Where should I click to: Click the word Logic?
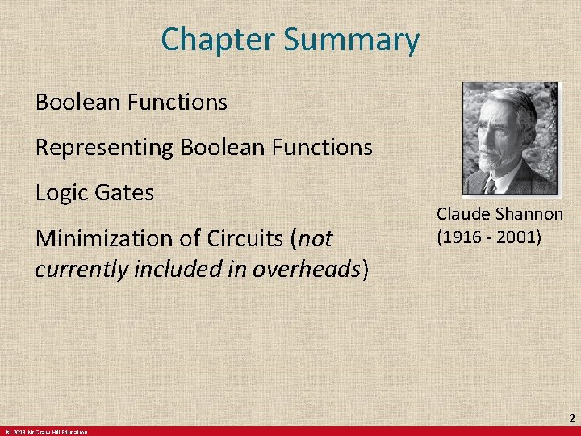[59, 194]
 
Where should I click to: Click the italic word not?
[316, 239]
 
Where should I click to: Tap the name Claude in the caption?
[463, 214]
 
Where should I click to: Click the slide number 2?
[571, 418]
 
